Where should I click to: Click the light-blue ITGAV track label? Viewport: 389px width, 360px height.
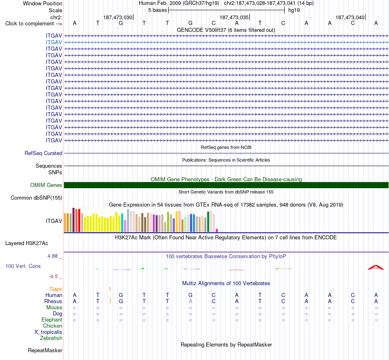point(54,43)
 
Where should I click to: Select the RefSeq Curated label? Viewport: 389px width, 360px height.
point(43,153)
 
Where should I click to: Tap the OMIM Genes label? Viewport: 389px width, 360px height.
point(46,185)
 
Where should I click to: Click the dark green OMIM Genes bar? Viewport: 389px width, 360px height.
point(226,185)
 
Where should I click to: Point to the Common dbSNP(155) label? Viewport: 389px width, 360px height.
point(36,198)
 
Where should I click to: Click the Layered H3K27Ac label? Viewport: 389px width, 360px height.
point(27,243)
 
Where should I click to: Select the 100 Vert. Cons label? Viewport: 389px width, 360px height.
point(23,266)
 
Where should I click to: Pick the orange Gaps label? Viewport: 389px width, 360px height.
point(56,289)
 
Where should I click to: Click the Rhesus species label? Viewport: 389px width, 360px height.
point(53,301)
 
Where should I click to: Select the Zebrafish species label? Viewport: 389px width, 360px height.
point(51,338)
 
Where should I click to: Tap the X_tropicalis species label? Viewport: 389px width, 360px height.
point(48,332)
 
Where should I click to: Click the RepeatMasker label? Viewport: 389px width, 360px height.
point(45,351)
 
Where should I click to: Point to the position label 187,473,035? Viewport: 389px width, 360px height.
point(234,17)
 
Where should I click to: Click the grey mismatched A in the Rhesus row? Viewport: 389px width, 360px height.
point(190,301)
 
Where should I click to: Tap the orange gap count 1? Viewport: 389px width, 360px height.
point(110,289)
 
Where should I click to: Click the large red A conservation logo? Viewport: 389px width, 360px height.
point(375,267)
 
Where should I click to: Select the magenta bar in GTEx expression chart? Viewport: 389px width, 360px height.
point(217,231)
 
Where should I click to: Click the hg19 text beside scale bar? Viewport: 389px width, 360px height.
point(294,10)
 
